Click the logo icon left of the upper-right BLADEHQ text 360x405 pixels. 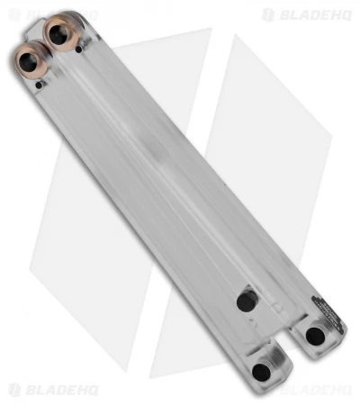pos(268,14)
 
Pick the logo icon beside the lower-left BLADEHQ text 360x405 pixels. pos(13,391)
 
